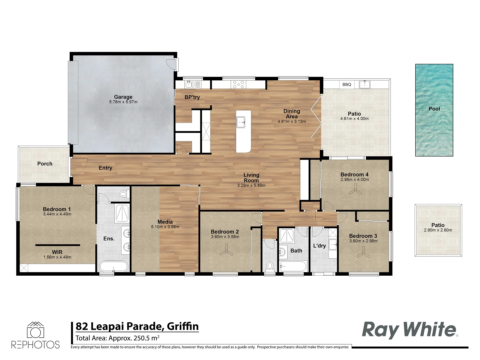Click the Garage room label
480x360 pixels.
[x=123, y=97]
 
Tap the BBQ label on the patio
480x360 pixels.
[x=347, y=85]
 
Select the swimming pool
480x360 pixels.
[x=434, y=110]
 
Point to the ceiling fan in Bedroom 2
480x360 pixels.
[x=226, y=250]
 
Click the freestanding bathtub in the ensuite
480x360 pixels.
[x=113, y=267]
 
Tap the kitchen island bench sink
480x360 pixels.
[x=241, y=122]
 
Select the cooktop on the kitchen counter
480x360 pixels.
[x=238, y=84]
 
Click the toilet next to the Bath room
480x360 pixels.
[x=270, y=266]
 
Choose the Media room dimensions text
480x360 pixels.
[x=165, y=227]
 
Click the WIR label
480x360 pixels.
[x=57, y=252]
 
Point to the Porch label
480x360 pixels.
[x=45, y=164]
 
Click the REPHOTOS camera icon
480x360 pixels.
[x=35, y=330]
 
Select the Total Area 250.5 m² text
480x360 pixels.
[x=117, y=338]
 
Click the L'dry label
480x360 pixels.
[x=319, y=246]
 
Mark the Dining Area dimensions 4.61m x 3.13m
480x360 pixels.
[x=292, y=122]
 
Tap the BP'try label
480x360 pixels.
[x=192, y=97]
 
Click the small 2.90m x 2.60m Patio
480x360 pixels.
[x=438, y=230]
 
